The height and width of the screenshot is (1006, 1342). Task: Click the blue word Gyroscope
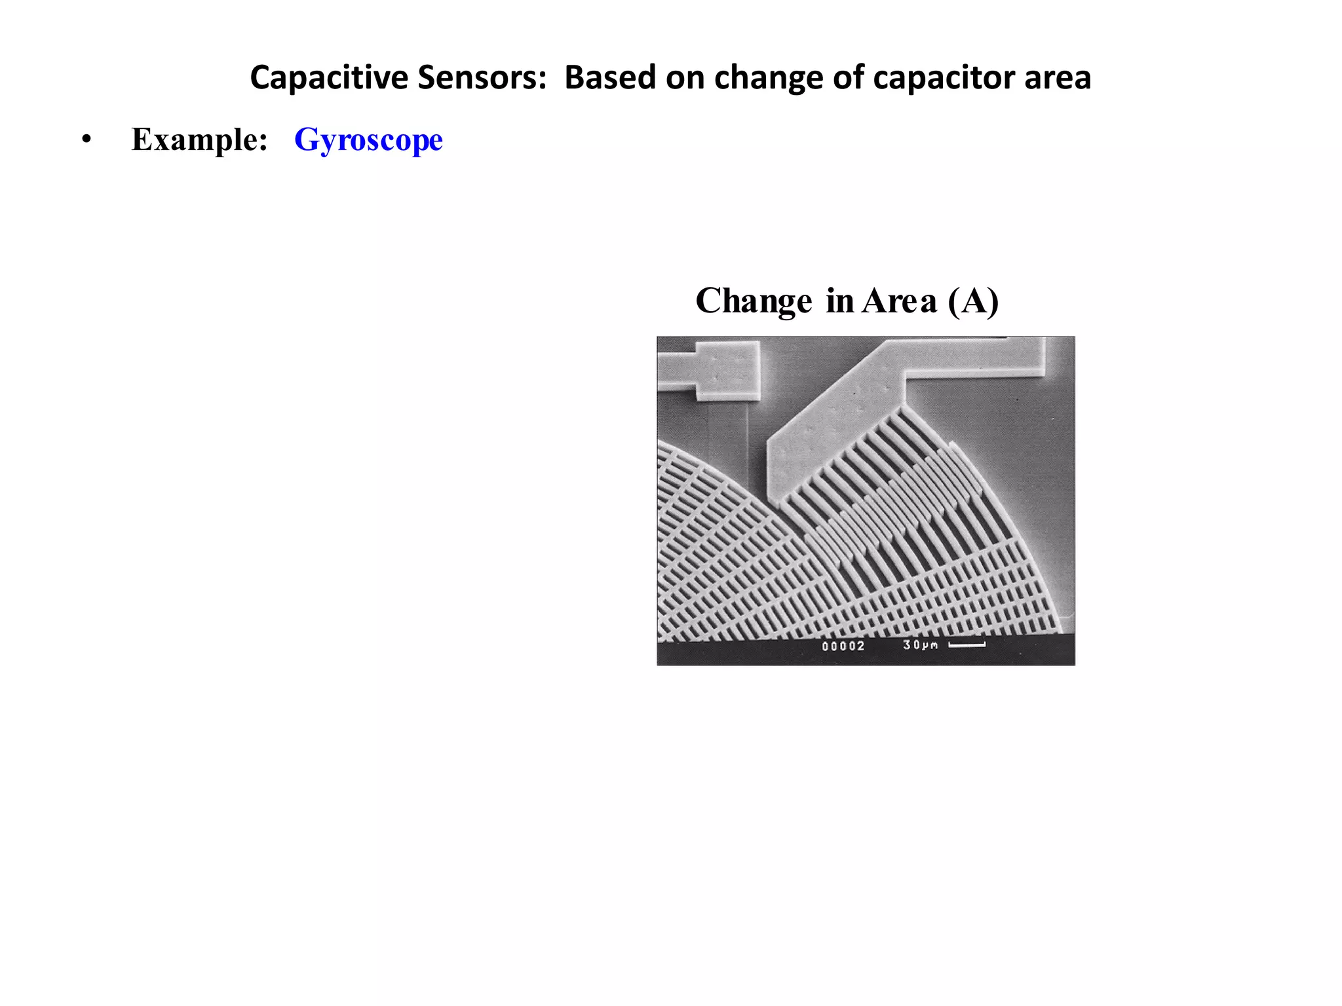pos(368,140)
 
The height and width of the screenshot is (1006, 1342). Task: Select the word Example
pos(199,140)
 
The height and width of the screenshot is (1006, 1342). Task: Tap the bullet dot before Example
pos(86,140)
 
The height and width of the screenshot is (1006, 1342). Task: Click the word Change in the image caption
pos(754,301)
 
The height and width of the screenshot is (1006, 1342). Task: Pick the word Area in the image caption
pos(899,301)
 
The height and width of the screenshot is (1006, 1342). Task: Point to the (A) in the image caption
pos(973,301)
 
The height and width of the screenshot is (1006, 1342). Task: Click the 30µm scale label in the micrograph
pos(920,645)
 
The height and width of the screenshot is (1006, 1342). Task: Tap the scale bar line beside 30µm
pos(967,645)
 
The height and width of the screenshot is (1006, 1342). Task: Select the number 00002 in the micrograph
pos(843,646)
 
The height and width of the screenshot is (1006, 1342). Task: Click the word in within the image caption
pos(839,301)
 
